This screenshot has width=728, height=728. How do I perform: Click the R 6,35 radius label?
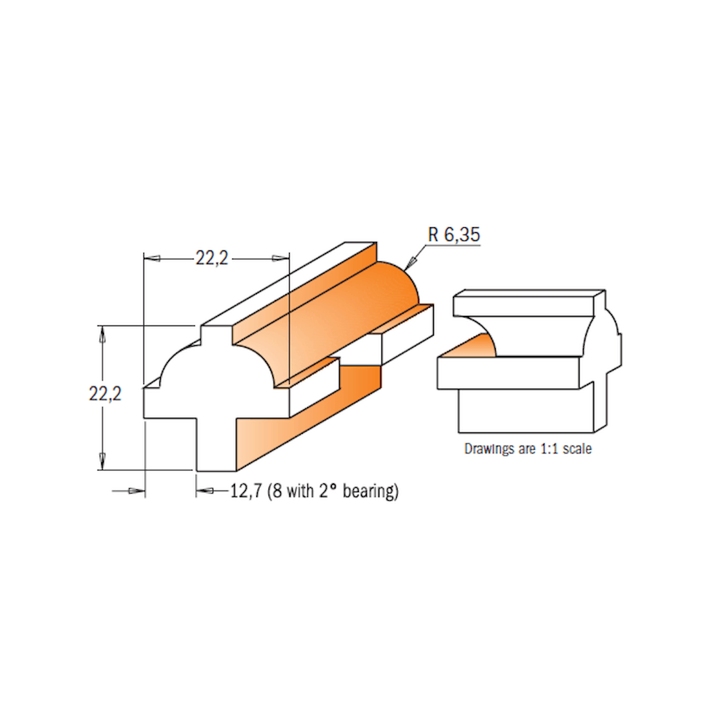454,234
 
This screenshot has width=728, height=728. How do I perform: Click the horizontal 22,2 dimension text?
212,258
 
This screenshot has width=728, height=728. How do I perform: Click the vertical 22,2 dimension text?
105,394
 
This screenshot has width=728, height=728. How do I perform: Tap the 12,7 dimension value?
246,491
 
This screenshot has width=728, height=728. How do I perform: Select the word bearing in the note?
371,491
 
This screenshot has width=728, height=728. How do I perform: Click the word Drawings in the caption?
489,449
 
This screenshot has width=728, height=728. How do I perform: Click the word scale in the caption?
577,449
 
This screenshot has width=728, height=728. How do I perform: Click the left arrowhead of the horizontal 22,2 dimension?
152,258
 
